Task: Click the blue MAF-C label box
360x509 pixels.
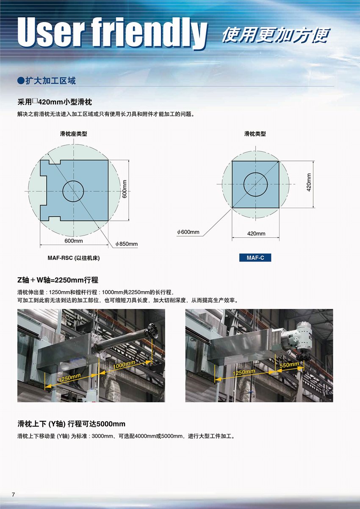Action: point(255,258)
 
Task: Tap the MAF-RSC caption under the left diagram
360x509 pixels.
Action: point(74,258)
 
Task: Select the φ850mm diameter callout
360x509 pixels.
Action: point(127,244)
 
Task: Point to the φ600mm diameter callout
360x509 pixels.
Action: point(188,232)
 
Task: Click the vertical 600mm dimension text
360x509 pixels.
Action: point(125,189)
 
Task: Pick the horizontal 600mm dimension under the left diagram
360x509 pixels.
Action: point(74,241)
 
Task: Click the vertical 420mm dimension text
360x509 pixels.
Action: point(309,183)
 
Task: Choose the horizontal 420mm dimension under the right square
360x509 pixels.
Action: point(256,234)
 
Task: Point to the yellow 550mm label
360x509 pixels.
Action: point(289,365)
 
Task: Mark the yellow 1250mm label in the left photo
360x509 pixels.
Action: point(69,378)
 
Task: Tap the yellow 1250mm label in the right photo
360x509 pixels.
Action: point(244,372)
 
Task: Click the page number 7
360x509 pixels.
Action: point(13,495)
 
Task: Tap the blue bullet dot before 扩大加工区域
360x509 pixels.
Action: point(21,81)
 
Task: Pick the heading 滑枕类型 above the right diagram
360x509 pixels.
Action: point(255,134)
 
